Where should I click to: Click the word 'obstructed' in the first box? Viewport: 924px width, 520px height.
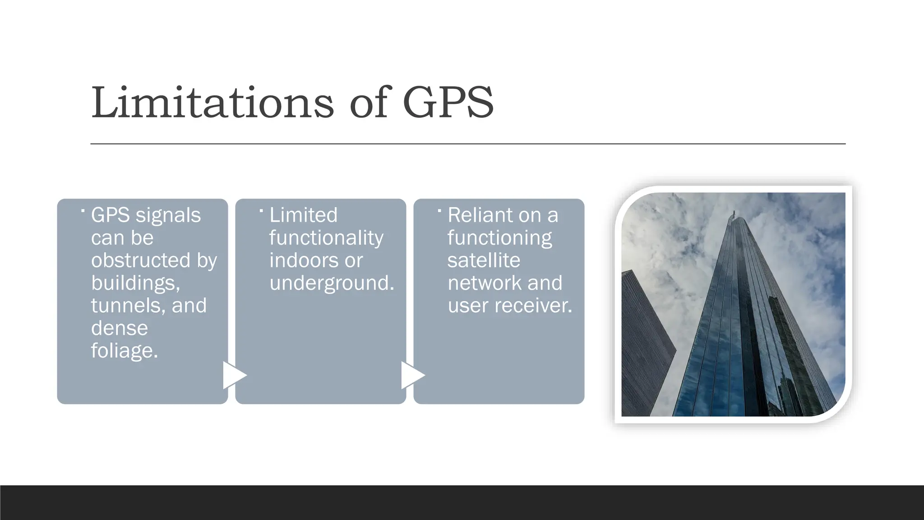[x=140, y=260]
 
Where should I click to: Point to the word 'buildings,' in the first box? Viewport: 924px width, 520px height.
[x=135, y=283]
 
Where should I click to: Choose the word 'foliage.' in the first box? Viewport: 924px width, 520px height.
[x=125, y=351]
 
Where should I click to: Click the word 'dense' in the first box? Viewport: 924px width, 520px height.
[x=120, y=328]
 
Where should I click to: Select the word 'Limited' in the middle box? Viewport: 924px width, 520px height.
[x=303, y=215]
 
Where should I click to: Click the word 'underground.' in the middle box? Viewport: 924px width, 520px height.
[x=332, y=283]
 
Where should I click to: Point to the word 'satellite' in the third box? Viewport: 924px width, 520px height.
[x=484, y=260]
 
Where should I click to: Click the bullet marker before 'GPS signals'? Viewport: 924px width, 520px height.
[x=83, y=210]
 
